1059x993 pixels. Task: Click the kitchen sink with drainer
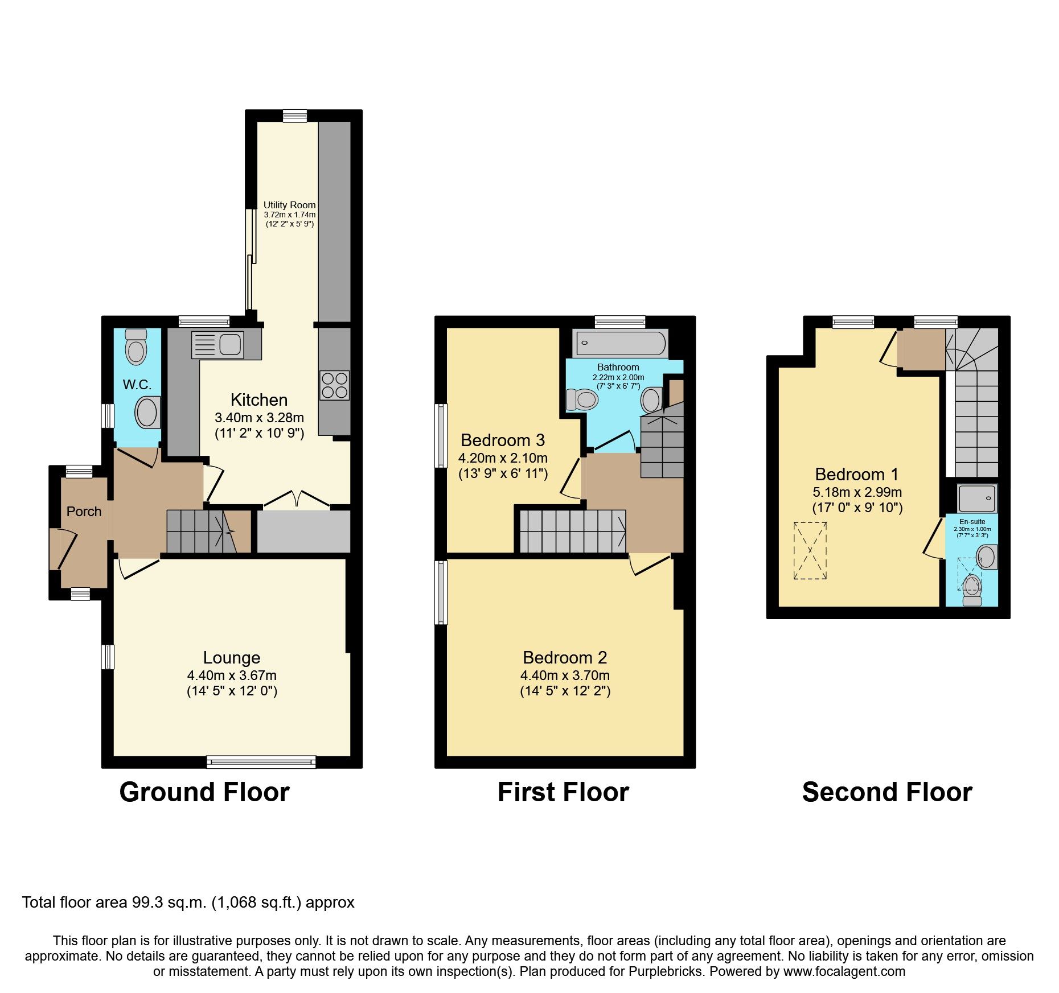217,345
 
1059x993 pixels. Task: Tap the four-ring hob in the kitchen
334,385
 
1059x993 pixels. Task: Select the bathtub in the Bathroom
620,343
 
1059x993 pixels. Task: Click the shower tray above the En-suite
977,498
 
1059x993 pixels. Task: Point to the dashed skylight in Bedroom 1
810,550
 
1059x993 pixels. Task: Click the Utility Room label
289,205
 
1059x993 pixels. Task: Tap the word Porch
84,512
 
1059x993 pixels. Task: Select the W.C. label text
137,385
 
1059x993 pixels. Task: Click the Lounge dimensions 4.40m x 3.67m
232,675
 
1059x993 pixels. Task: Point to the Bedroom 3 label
502,440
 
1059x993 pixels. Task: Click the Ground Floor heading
204,792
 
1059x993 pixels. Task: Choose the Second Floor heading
886,792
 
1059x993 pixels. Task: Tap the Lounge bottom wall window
261,762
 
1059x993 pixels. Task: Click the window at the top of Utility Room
295,116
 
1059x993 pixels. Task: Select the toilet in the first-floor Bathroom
581,399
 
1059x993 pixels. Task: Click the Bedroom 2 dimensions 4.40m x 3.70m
564,675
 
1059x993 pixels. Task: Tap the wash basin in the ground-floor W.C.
147,412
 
